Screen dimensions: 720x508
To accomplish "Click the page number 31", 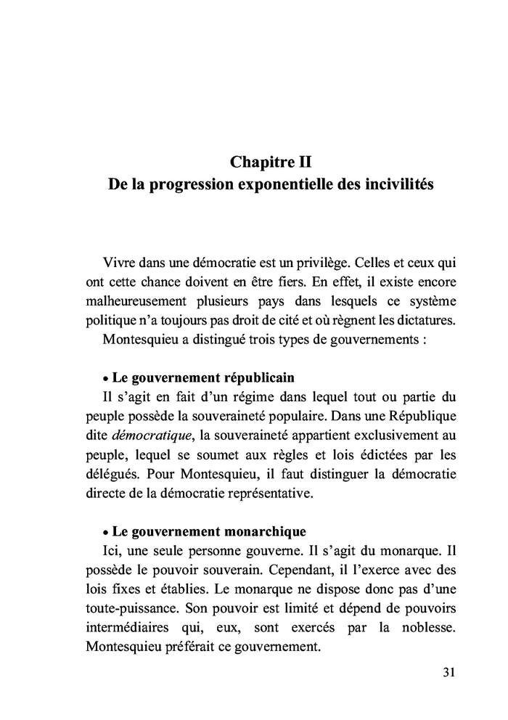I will click(448, 671).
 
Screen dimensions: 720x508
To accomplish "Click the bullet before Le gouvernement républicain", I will click(106, 380).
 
